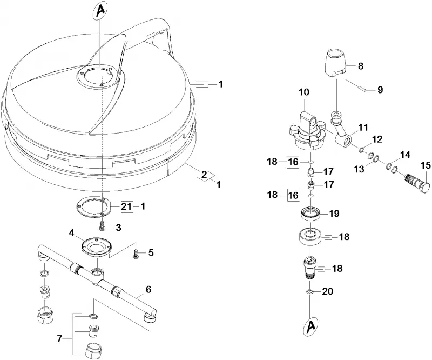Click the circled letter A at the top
[101, 11]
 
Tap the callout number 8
[360, 66]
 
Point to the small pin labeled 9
[361, 89]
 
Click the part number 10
[304, 92]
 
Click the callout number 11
[363, 128]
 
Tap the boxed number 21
[126, 206]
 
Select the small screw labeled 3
[102, 225]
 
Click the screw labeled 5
[136, 253]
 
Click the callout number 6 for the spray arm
[148, 289]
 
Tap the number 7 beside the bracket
[60, 338]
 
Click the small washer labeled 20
[309, 291]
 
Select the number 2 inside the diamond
[204, 175]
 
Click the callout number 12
[377, 139]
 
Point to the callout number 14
[405, 155]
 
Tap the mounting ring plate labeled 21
[92, 206]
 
